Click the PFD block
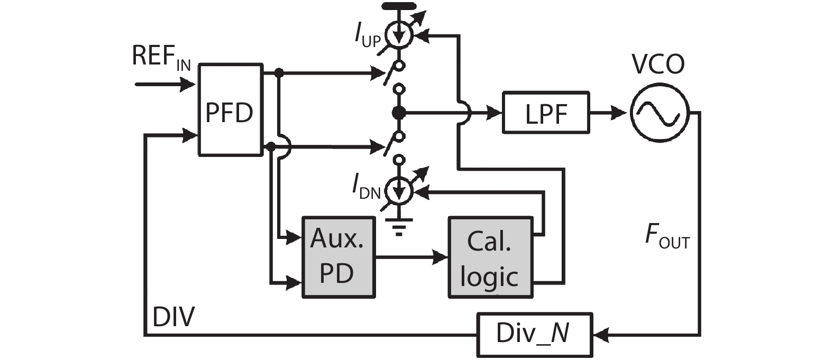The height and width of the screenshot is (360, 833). [230, 110]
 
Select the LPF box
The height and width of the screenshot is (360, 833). [545, 113]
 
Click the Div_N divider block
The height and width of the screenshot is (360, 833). [534, 334]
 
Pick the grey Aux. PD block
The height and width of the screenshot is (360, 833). [337, 257]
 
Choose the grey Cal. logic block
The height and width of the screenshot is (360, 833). [490, 257]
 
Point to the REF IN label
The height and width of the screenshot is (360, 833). [160, 57]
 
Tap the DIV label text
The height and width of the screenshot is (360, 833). [173, 317]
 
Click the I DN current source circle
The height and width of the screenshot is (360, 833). [399, 191]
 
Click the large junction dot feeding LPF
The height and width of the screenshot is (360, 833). [399, 113]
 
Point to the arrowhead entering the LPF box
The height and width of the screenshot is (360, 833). [495, 113]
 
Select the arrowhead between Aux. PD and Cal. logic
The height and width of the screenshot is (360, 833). [440, 257]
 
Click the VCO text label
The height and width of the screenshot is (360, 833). [658, 64]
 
